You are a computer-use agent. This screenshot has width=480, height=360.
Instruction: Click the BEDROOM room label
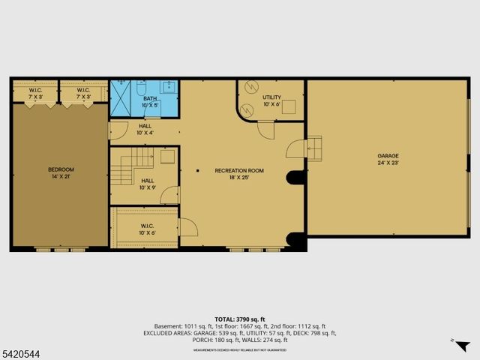click(61, 169)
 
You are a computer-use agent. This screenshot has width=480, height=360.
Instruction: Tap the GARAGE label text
click(388, 156)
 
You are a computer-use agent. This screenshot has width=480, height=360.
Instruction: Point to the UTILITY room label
click(271, 97)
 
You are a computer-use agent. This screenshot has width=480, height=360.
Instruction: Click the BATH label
click(151, 98)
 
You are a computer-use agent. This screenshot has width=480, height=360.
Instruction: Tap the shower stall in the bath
click(120, 98)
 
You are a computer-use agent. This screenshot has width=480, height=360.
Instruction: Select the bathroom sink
click(170, 85)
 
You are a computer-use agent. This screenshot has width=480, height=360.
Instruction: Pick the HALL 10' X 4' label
click(145, 129)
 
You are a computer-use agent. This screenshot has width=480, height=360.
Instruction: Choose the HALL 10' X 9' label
click(148, 184)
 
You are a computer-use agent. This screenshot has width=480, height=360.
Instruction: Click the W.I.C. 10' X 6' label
click(148, 229)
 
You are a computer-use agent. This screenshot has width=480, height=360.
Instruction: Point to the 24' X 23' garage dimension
click(388, 162)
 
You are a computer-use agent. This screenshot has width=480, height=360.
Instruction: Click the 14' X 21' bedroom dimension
click(61, 176)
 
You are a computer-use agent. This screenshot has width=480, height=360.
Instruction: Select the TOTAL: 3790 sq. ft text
click(241, 319)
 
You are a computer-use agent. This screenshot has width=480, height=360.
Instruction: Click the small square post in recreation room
click(198, 171)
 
